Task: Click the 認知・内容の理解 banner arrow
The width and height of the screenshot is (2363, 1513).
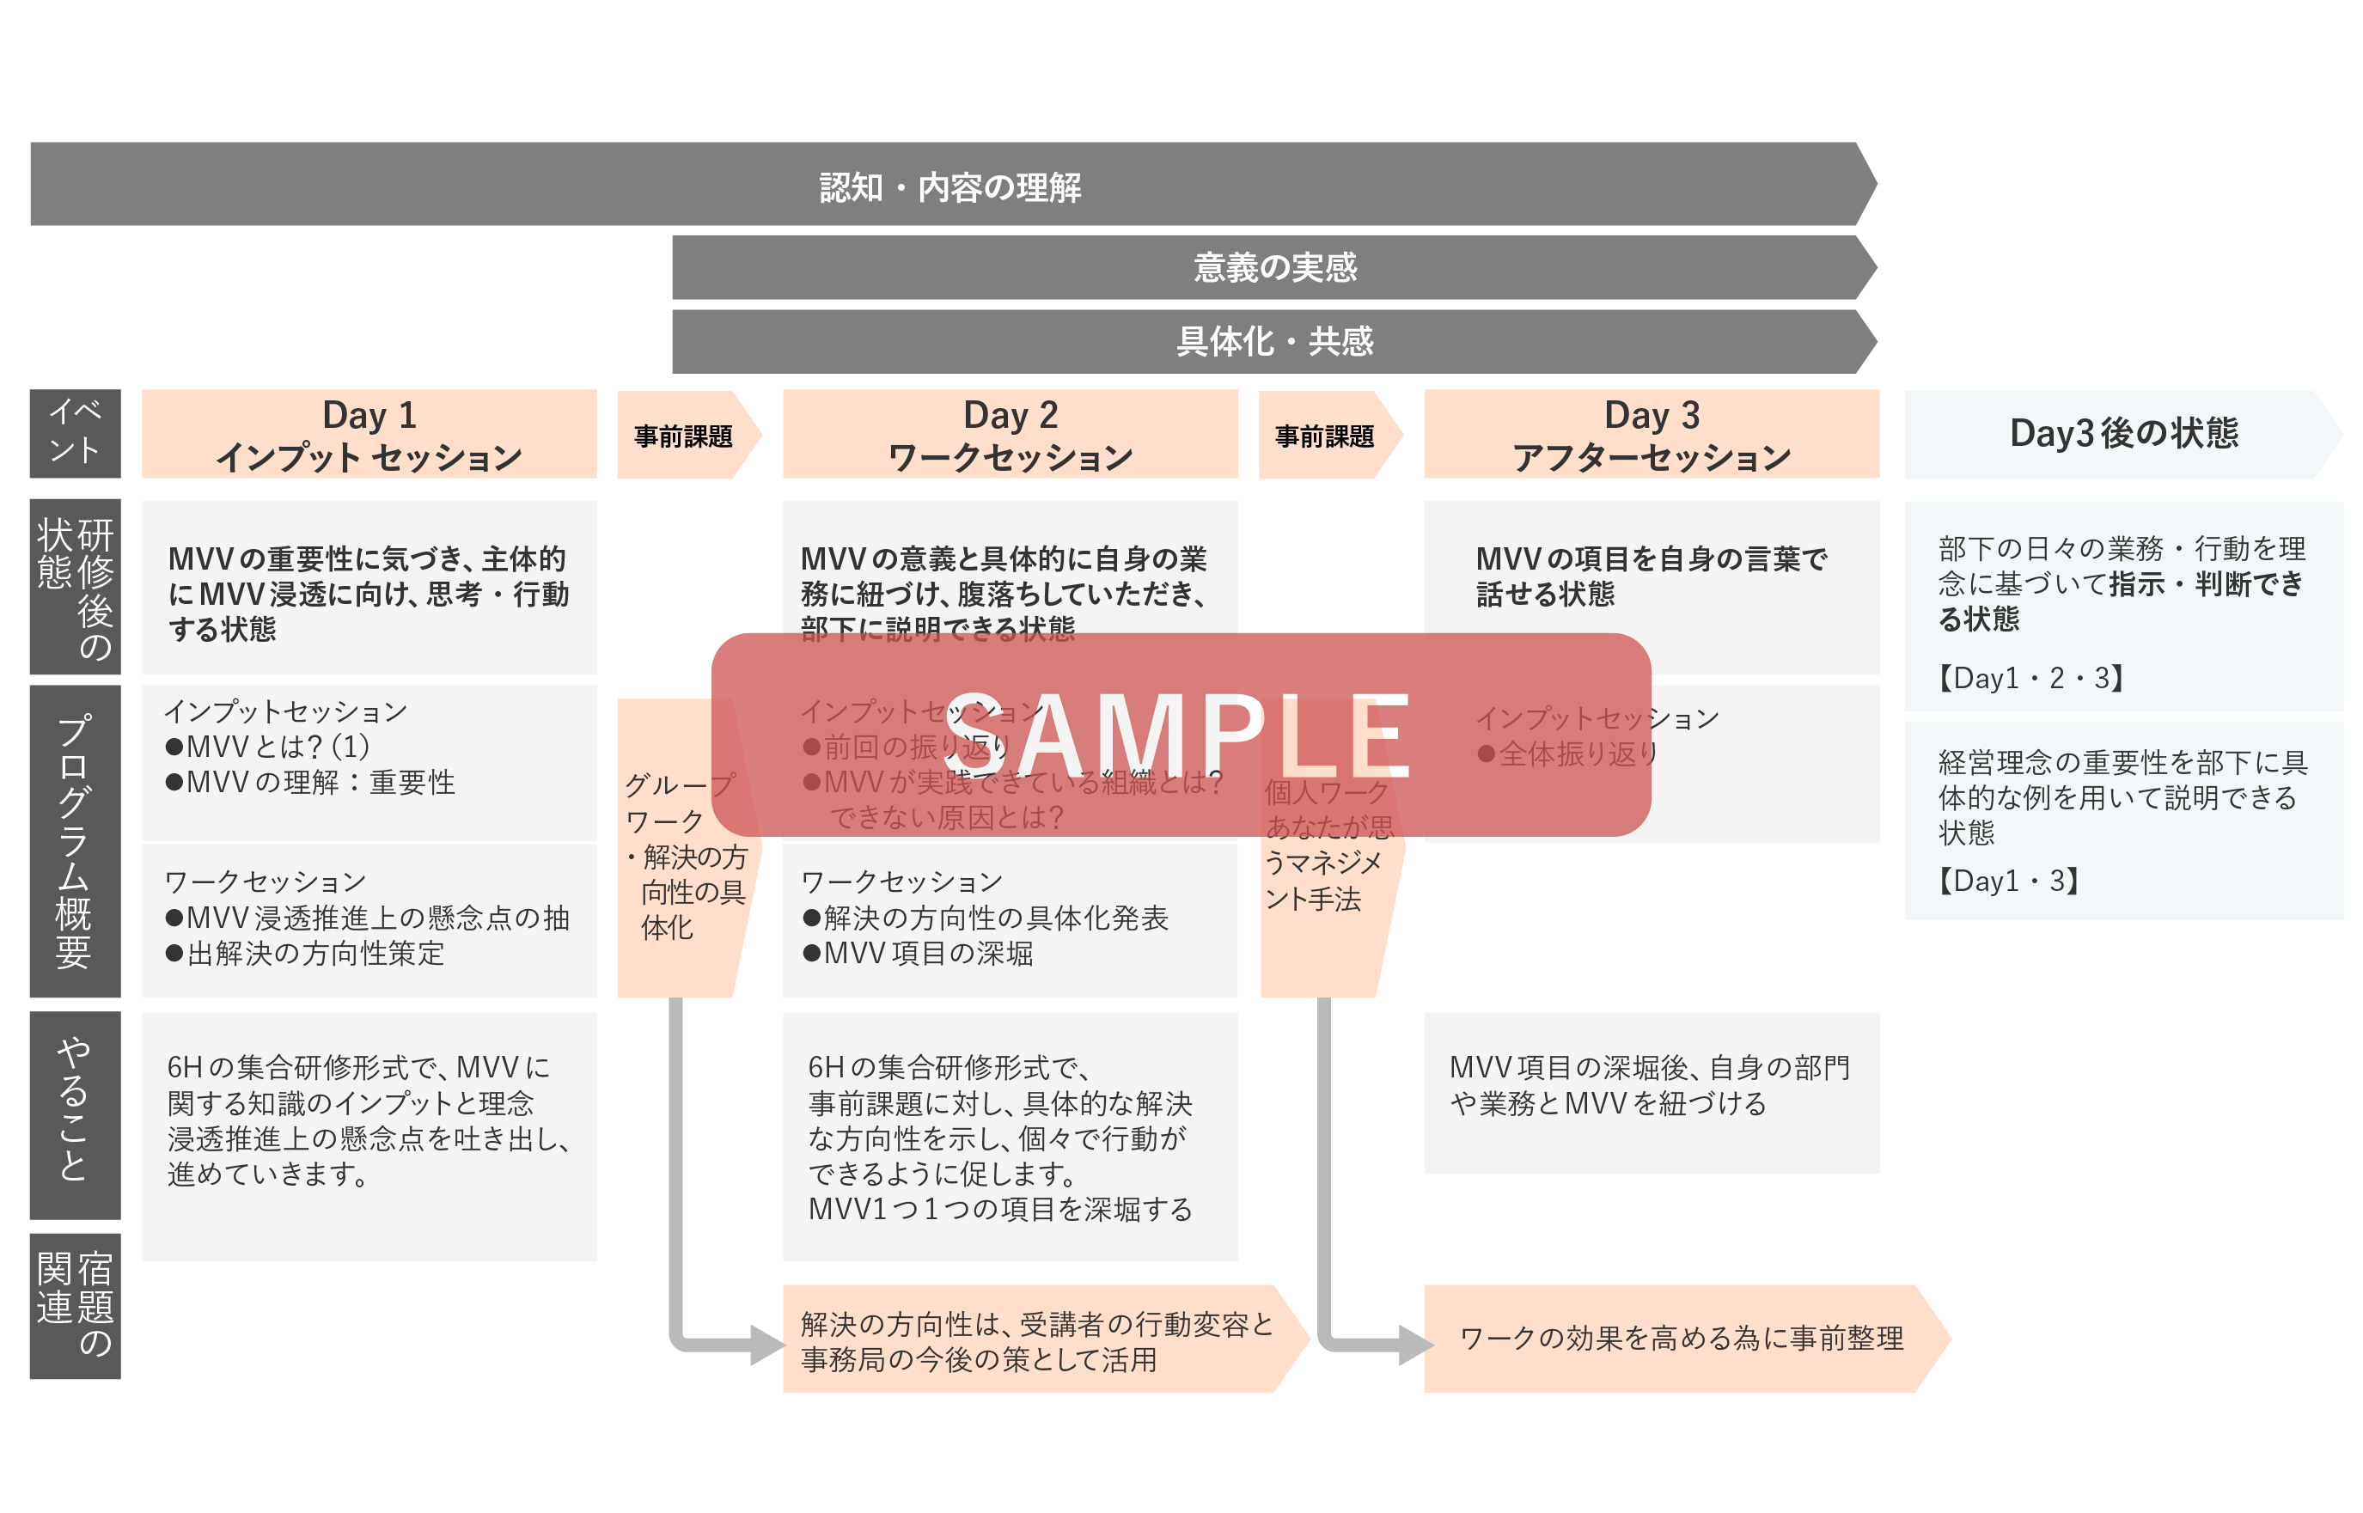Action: click(x=950, y=186)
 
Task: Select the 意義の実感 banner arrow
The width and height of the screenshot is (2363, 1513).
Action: click(x=1273, y=267)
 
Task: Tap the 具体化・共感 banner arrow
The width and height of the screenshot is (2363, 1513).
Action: click(x=1273, y=342)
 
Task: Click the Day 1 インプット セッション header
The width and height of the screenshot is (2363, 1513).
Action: click(x=369, y=434)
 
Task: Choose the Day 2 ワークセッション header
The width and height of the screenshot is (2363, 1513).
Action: click(x=1009, y=434)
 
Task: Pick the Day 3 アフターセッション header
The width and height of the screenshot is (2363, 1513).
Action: click(x=1651, y=434)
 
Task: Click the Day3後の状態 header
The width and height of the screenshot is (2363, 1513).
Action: click(x=2122, y=433)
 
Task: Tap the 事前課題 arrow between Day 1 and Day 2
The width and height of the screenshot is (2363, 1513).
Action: click(x=684, y=436)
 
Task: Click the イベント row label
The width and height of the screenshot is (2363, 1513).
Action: click(x=75, y=432)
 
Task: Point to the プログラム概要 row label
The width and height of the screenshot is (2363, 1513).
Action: click(x=75, y=841)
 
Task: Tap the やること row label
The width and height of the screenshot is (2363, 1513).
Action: click(x=75, y=1114)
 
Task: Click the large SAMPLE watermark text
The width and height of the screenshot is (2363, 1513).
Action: click(x=1179, y=735)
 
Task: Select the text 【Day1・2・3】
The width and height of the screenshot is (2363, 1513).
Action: click(x=2030, y=678)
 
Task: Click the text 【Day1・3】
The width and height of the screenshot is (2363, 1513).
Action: click(x=2007, y=881)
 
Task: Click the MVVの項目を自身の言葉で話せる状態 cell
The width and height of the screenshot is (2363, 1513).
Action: click(x=1651, y=577)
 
